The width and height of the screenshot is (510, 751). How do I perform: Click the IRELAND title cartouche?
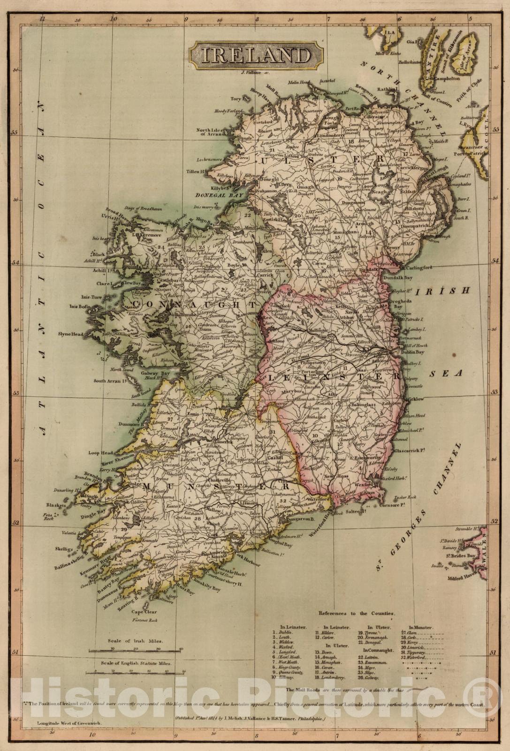[x=256, y=55]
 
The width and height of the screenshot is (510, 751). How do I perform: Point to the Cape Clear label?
[x=144, y=612]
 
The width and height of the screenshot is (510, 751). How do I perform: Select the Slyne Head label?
[x=71, y=334]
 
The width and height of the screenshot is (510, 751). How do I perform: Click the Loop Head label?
[x=101, y=453]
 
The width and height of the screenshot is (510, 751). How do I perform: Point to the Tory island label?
[x=236, y=99]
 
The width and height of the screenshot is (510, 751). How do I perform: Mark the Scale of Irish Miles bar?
[x=136, y=651]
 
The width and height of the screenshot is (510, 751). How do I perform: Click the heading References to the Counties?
[x=357, y=613]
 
